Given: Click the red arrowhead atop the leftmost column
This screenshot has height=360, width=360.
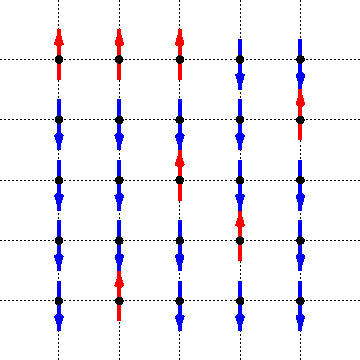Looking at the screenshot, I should coord(59,40).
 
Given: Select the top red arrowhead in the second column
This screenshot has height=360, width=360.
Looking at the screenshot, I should coord(119,40).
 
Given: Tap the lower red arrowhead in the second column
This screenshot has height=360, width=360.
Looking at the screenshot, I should coord(119,281).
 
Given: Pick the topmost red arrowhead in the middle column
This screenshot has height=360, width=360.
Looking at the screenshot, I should coord(180,40).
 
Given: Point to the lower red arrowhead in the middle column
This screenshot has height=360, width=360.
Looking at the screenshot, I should coord(180,160).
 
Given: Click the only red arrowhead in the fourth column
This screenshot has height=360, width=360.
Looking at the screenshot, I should coord(240,220).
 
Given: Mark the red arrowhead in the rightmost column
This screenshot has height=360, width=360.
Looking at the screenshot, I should coord(300,100).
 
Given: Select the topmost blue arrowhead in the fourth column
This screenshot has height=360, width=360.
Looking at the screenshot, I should coord(240,80).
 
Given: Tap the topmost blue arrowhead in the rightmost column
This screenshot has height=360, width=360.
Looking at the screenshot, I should coord(300,80).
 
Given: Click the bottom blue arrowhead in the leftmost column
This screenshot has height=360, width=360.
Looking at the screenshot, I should coord(59,321).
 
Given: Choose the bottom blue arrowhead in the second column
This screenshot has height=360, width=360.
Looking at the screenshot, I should coord(119,321).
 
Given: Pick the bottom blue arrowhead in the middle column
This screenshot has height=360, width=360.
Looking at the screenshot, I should coord(180,321).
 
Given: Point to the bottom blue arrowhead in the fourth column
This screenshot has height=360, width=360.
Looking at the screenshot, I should coord(240,321).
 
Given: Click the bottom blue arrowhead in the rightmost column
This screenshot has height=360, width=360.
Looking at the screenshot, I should coord(300,321).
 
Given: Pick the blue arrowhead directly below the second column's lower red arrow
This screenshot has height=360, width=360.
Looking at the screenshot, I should coord(119,321).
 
